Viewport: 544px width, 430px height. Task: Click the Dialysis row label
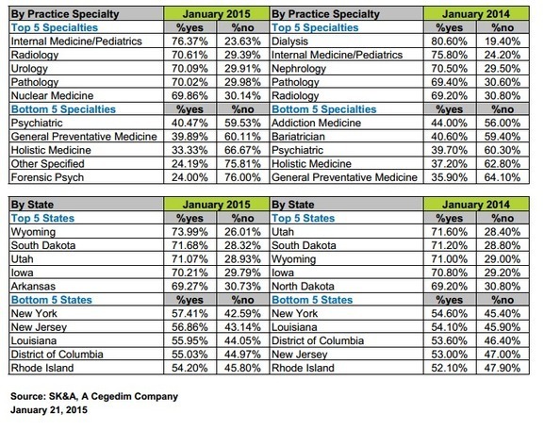point(289,41)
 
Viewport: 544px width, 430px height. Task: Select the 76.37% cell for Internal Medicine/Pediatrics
point(190,41)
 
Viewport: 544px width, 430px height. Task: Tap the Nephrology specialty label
point(299,69)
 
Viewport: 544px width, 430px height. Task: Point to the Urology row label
point(29,69)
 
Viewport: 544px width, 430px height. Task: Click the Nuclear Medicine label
point(52,96)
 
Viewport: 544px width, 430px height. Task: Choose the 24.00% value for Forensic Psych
point(190,177)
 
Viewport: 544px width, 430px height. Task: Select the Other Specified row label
point(47,164)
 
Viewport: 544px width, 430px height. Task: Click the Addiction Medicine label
point(316,123)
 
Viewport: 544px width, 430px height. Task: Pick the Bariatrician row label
point(298,137)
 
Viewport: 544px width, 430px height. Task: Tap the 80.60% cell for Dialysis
point(450,41)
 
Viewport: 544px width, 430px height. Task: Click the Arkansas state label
point(33,287)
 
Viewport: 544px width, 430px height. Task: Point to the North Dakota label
point(303,287)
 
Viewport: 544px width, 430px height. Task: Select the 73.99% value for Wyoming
point(190,232)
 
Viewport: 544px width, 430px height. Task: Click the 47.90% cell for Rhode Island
point(503,368)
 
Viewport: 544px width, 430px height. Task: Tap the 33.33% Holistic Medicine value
point(190,150)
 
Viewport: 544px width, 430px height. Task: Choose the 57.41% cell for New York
point(190,314)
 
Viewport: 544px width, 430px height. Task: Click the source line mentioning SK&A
point(94,396)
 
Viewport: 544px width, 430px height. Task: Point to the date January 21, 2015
point(49,410)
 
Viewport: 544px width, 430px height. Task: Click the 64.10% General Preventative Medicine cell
point(503,177)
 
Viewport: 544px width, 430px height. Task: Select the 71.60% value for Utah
point(450,232)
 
